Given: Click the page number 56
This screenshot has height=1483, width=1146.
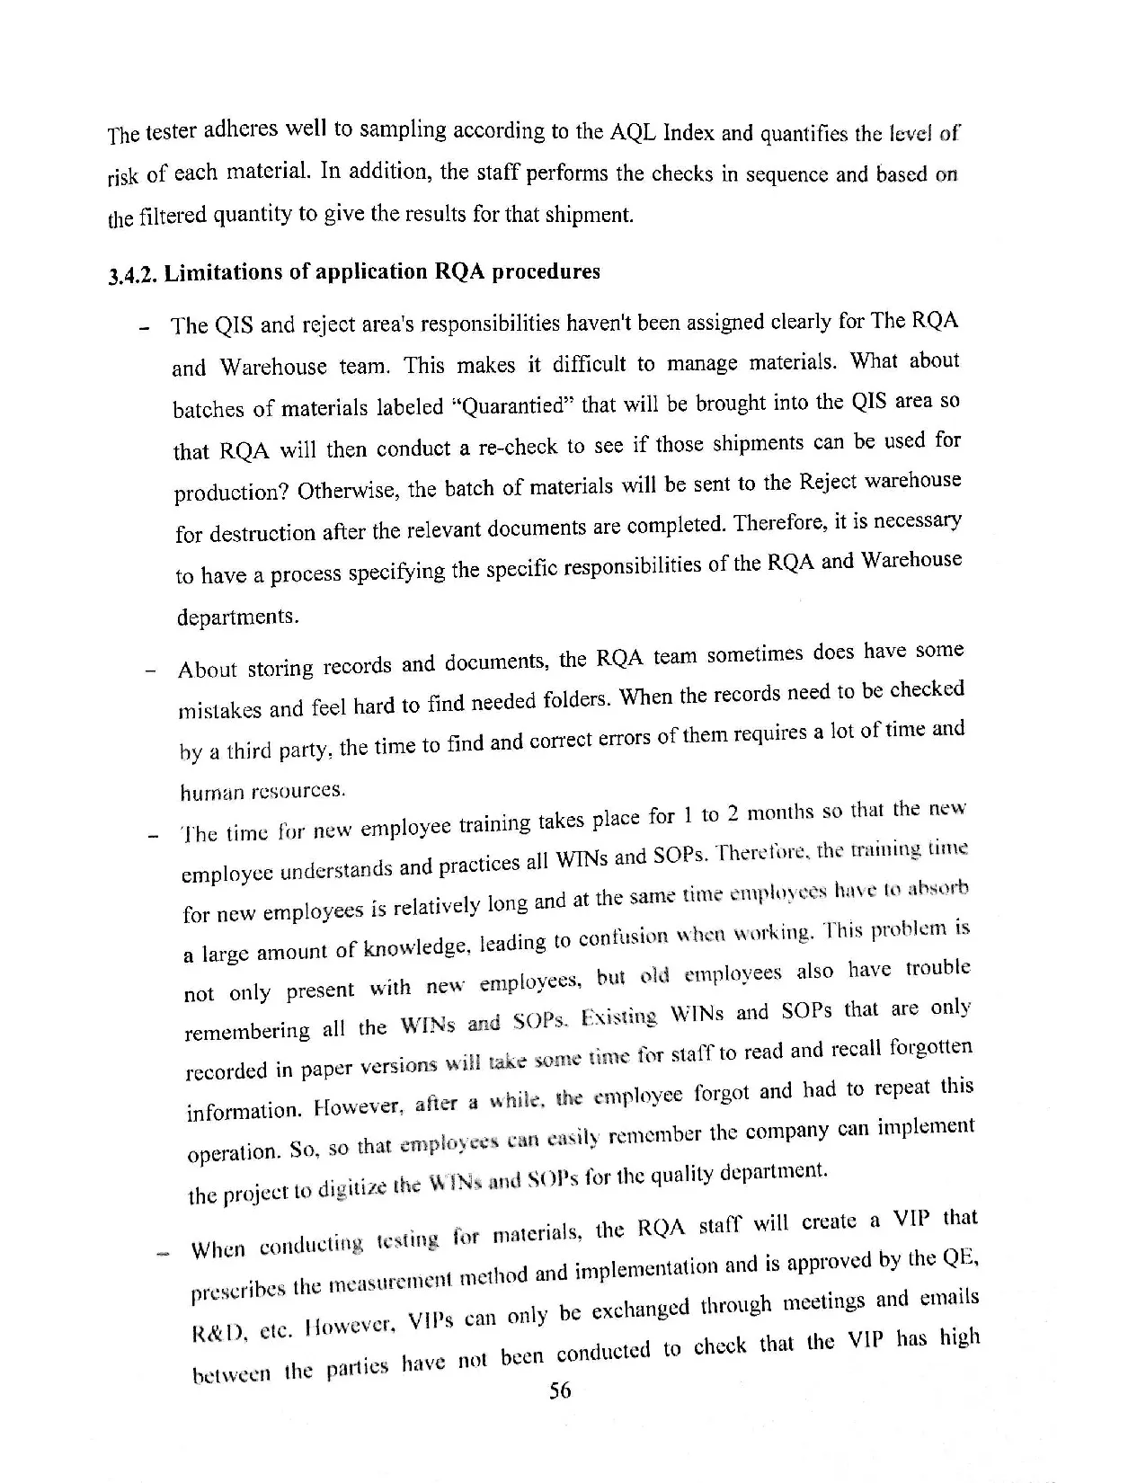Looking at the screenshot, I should pos(559,1391).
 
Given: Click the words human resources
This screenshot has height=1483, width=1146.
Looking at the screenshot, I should pos(262,792).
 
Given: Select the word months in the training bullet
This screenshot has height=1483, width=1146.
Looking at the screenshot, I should pos(781,813).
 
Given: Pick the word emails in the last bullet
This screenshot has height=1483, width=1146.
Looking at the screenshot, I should pos(948,1299).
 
